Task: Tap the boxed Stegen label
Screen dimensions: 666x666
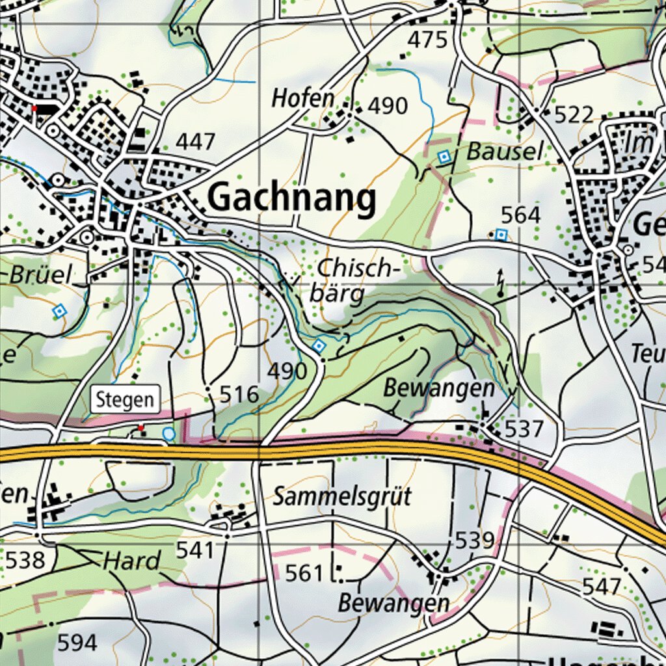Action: coord(126,399)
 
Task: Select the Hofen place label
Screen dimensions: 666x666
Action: coord(302,99)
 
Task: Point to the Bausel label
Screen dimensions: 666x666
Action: coord(505,152)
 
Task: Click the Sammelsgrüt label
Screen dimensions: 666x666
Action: coord(342,497)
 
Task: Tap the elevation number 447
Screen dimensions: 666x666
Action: coord(195,141)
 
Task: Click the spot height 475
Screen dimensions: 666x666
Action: coord(427,40)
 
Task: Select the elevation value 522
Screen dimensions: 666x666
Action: coord(574,115)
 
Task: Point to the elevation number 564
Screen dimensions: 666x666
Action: coord(520,215)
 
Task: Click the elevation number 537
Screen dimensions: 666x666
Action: coord(524,429)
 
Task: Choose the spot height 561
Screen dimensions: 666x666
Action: coord(304,574)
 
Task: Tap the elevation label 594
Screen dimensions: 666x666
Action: coord(77,643)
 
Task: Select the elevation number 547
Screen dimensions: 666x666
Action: coord(602,587)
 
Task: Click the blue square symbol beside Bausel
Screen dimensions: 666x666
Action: coord(444,157)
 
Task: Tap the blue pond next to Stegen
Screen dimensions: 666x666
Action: coord(168,433)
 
